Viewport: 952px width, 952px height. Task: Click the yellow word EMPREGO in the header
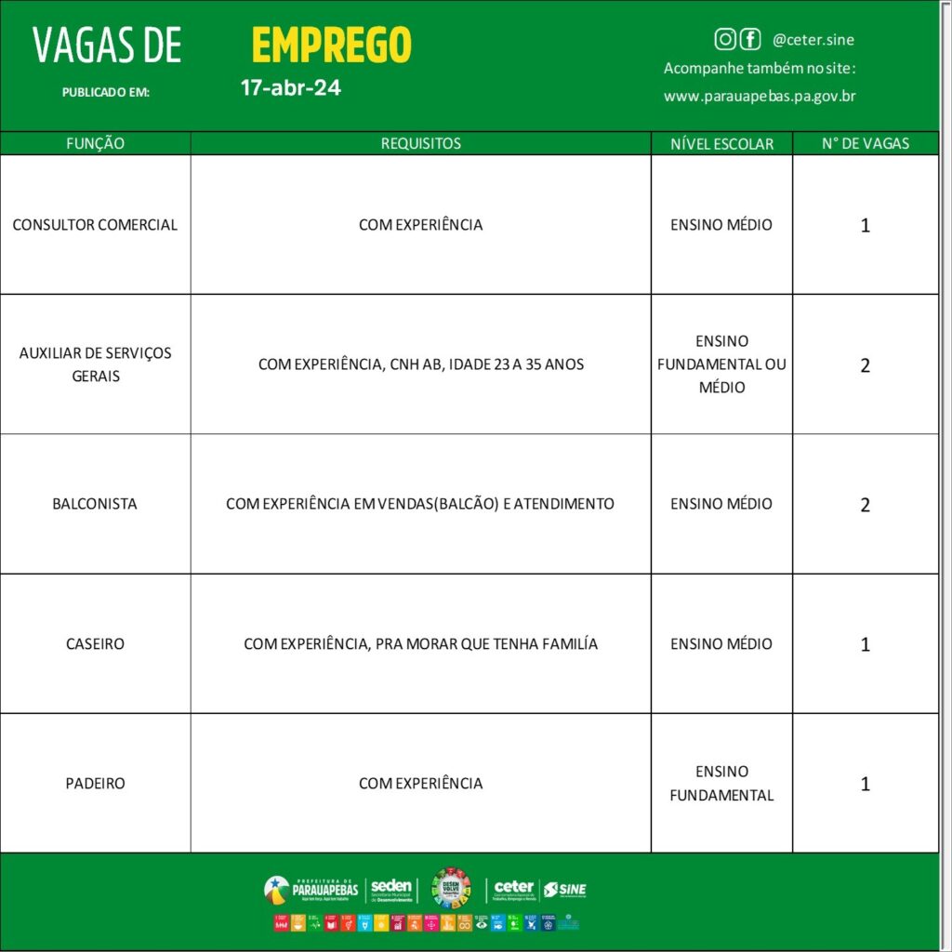(x=331, y=45)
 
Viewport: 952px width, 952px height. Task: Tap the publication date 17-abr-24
(x=290, y=88)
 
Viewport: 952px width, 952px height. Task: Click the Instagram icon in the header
(x=725, y=39)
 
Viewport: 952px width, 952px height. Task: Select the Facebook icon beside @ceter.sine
(x=749, y=39)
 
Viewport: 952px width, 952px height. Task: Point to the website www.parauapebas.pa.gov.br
(x=760, y=96)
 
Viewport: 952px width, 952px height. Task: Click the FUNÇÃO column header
(x=95, y=143)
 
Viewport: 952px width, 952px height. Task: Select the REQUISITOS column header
(x=420, y=143)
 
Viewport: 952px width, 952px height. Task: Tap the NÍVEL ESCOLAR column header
(x=721, y=143)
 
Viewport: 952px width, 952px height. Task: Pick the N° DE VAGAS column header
(x=866, y=143)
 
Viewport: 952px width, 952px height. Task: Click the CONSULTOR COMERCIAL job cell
(x=95, y=225)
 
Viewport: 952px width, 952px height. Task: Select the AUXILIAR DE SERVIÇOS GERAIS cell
(x=95, y=364)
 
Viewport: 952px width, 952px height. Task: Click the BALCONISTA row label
(x=95, y=504)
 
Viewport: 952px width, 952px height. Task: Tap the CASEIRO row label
(x=95, y=643)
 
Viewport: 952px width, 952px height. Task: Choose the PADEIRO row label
(x=95, y=783)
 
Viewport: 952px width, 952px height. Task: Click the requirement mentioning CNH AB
(x=420, y=364)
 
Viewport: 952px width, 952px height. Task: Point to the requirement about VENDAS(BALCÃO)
(x=420, y=504)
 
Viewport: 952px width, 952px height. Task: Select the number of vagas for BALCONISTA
(x=866, y=505)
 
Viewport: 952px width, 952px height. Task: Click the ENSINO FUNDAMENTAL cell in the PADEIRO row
(x=721, y=783)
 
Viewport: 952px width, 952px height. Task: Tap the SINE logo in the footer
(x=565, y=890)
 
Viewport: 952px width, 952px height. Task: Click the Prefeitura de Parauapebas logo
(x=311, y=890)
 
